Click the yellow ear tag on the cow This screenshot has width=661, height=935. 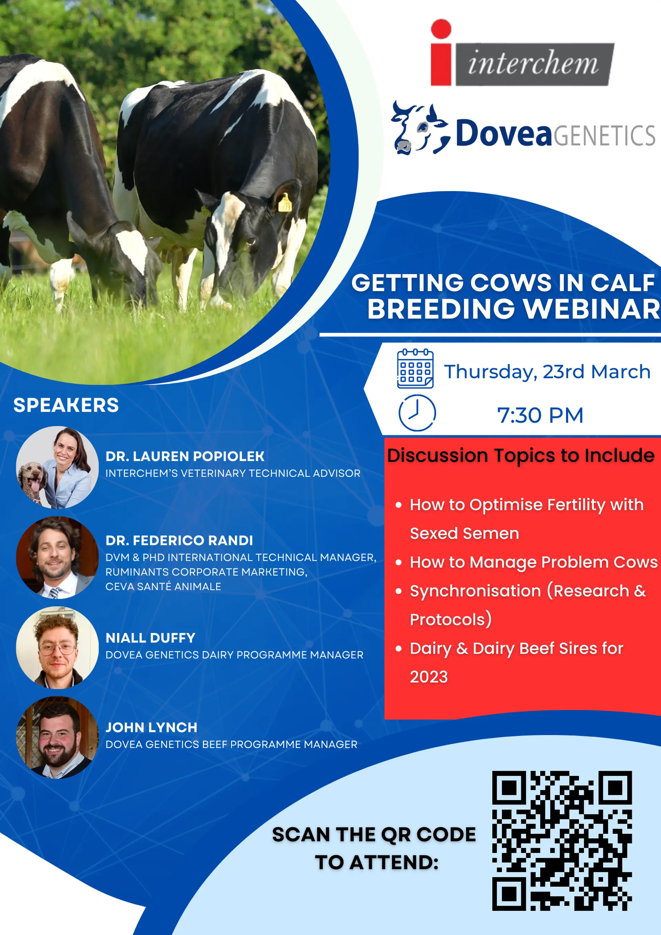coord(285,203)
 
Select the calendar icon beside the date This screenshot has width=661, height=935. coord(415,369)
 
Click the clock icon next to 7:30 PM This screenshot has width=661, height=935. coord(417,412)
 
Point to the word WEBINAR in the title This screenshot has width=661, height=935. coord(592,309)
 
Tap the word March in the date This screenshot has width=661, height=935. coord(620,371)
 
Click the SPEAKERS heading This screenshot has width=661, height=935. coord(66,405)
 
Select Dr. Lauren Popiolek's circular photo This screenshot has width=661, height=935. coord(57,467)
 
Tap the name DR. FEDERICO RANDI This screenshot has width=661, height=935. coord(179,540)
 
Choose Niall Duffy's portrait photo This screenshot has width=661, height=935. coord(57,648)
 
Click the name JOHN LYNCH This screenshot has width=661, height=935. coord(151,727)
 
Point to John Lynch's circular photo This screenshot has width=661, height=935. coord(57,737)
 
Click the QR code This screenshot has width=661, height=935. coord(562,841)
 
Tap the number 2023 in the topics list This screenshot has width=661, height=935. coord(429,677)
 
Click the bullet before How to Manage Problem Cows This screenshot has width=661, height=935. coord(399,563)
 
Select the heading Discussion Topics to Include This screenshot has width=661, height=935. coord(521,455)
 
